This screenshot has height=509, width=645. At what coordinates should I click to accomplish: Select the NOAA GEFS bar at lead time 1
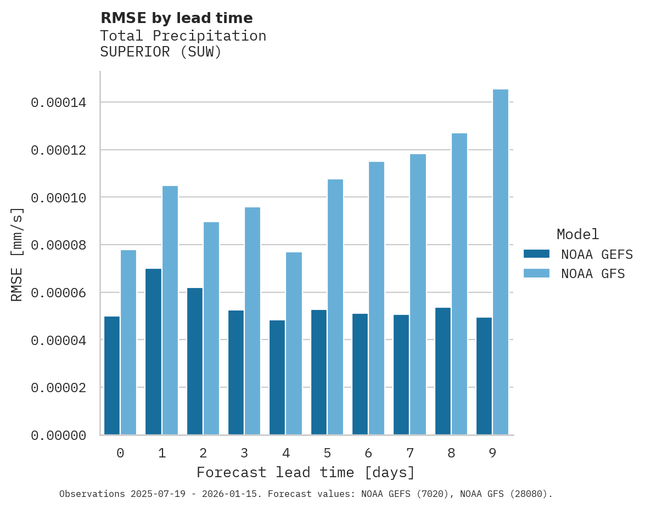click(x=154, y=352)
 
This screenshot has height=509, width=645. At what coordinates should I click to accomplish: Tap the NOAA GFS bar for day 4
click(x=294, y=343)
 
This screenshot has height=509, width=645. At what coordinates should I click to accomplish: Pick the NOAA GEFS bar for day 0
click(x=112, y=376)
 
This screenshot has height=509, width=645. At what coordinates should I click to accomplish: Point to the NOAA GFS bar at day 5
click(x=335, y=307)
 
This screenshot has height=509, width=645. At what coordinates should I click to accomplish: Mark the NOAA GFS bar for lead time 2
click(x=211, y=329)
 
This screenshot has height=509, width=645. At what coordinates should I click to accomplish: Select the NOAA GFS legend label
click(x=593, y=273)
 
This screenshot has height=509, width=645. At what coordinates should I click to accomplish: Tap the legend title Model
click(x=577, y=234)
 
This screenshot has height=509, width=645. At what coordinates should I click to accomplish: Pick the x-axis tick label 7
click(x=410, y=453)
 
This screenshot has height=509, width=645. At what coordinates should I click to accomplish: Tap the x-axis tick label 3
click(x=244, y=453)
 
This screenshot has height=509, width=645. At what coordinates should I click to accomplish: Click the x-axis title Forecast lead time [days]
click(x=306, y=472)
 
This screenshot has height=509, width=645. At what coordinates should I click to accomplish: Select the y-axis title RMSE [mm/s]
click(x=17, y=255)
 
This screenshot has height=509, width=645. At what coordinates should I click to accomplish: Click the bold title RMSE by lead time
click(x=176, y=18)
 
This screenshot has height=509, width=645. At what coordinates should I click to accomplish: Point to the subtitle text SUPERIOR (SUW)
click(x=161, y=53)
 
